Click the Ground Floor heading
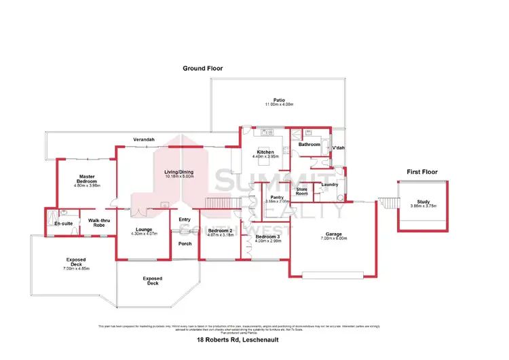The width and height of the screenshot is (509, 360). coord(202,69)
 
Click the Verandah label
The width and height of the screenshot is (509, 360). coord(144,140)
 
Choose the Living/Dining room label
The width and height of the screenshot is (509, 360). coord(179,172)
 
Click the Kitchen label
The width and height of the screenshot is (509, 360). coord(264,152)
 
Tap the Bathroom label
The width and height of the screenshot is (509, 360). coord(309,145)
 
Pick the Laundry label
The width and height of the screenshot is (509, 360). coord(331,185)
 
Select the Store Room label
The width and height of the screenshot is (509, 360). coord(302,192)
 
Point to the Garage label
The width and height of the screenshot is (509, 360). coord(333,234)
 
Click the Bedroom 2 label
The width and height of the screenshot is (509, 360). coord(221,231)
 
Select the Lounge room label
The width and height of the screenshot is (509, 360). coord(143,230)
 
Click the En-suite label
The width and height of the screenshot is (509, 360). coord(64,223)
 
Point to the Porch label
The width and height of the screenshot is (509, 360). coord(184,243)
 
